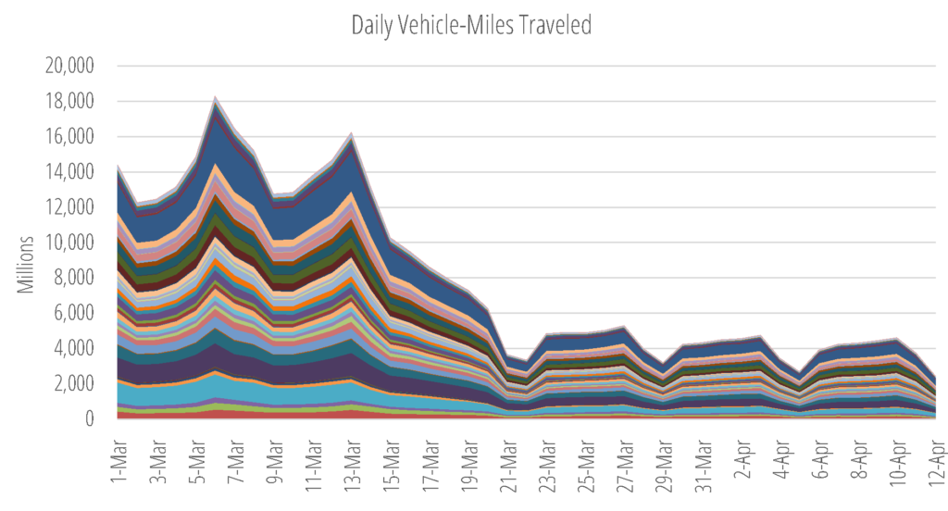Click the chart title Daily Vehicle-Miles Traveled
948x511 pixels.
point(471,25)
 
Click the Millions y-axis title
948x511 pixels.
point(25,265)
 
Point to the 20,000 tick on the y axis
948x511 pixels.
point(69,66)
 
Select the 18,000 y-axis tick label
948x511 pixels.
point(69,101)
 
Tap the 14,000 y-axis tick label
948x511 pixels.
point(69,172)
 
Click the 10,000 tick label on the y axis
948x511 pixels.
point(69,243)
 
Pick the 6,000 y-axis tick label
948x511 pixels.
point(74,313)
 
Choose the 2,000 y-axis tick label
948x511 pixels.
point(74,383)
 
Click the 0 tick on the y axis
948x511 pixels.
point(90,418)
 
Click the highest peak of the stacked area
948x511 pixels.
point(215,96)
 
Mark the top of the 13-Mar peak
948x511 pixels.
point(352,132)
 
